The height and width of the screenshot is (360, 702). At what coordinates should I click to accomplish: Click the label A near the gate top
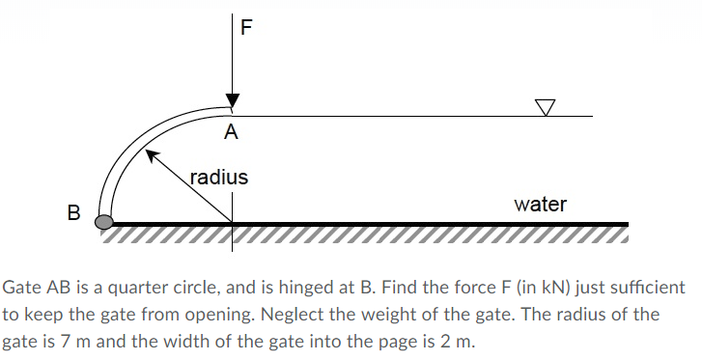tap(231, 132)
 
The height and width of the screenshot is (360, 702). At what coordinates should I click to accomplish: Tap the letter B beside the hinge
tap(72, 211)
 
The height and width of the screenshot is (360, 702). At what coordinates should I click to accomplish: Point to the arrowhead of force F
tap(232, 101)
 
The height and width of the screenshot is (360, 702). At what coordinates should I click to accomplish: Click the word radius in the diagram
tap(218, 178)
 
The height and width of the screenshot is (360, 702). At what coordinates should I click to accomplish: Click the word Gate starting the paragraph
tap(22, 289)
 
